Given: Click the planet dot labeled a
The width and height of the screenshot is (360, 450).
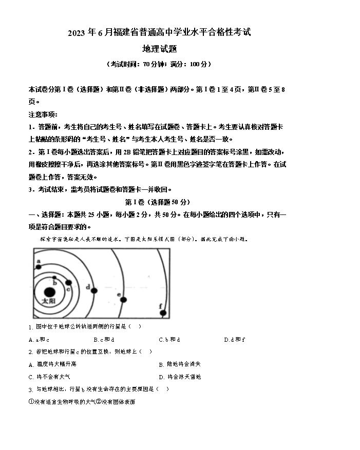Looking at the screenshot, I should point(39,266).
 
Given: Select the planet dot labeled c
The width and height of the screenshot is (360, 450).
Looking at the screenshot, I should point(68,283).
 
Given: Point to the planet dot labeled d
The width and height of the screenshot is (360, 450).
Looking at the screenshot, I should point(94,291).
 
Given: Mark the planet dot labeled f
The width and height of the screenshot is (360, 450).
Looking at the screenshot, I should point(163,312).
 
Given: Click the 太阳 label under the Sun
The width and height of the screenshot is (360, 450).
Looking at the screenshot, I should point(48,302).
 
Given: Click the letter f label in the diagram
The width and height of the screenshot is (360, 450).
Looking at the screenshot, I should point(160,306).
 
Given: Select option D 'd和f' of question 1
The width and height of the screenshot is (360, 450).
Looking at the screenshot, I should point(234,340).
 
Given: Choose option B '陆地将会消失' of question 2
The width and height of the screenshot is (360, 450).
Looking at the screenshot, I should point(180,364).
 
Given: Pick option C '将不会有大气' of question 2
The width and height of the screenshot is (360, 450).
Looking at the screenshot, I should point(49,377).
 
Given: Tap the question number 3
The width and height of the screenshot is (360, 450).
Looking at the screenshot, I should point(30,389).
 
